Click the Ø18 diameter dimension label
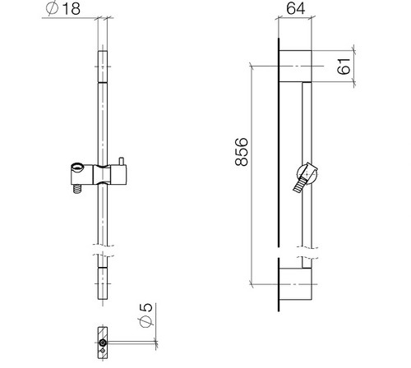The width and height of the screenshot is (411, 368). coord(63,9)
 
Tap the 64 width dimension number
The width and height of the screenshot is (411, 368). coord(295,8)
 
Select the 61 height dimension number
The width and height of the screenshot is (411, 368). coord(344,67)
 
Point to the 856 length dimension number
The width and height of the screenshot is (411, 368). coord(242,152)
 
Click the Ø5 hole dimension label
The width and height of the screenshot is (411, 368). coord(146,315)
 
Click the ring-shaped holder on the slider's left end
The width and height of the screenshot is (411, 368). coord(77,167)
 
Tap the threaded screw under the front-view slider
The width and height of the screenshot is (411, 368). coord(78,189)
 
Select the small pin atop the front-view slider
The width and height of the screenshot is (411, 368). coord(122,162)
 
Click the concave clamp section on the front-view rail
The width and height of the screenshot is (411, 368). coord(102,174)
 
